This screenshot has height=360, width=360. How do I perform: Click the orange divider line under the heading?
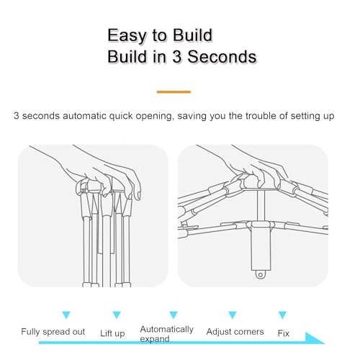tap(174, 91)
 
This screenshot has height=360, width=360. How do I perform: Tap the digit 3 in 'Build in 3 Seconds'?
tap(176, 57)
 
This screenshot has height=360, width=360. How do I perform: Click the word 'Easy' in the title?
tap(127, 35)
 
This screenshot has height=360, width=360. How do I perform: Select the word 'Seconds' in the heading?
tap(222, 57)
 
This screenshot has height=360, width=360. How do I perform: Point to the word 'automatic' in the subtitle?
tap(84, 116)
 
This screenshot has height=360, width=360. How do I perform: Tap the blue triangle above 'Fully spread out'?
tap(66, 315)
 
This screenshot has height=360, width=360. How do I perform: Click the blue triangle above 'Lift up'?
tap(117, 315)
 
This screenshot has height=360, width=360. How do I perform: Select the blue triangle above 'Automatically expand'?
tap(174, 315)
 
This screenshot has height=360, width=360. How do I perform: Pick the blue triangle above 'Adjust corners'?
tap(233, 315)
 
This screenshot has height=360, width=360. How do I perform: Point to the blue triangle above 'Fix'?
tap(282, 315)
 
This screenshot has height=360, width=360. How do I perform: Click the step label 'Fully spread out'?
tap(53, 332)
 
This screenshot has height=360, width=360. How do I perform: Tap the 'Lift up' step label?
tap(112, 333)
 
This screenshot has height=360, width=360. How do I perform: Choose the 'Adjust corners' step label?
tap(235, 332)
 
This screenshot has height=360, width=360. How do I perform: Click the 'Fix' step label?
tap(284, 333)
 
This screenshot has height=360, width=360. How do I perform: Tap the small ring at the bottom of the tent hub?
tap(260, 274)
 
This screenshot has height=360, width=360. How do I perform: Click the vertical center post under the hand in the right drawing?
tap(261, 205)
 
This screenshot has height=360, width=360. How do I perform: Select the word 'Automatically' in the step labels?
tap(167, 329)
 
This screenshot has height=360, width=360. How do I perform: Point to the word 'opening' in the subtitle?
tap(154, 116)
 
